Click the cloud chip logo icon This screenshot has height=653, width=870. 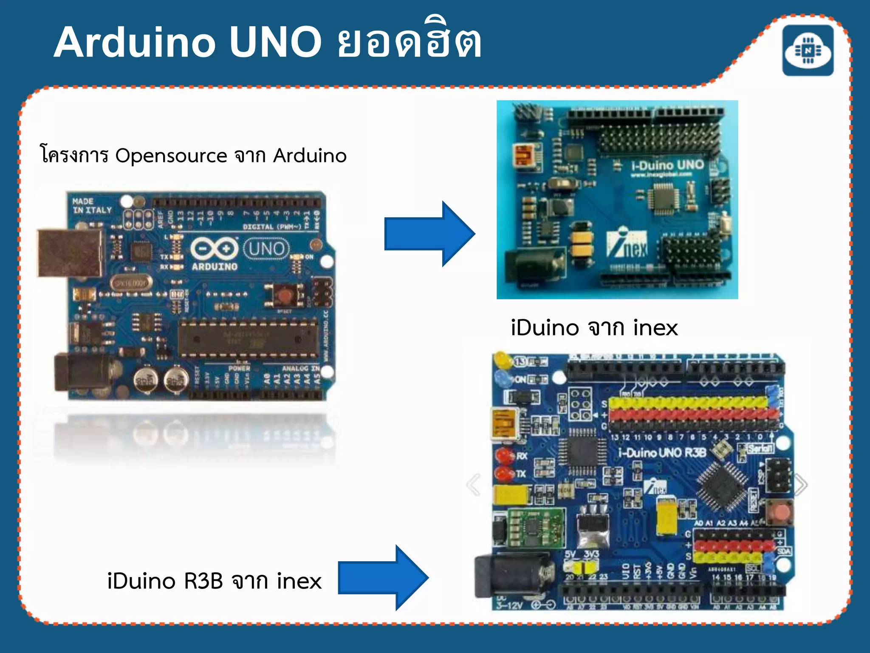point(808,51)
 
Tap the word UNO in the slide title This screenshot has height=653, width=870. point(276,43)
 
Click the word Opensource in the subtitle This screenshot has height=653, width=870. point(171,156)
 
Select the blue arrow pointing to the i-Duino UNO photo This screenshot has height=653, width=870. point(429,234)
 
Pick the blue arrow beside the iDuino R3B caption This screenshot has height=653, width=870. point(383,577)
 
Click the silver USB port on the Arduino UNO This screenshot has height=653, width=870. point(70,253)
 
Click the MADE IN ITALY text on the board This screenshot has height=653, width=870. point(92,206)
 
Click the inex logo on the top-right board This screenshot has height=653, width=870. point(627,245)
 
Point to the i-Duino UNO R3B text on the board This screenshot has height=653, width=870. point(662,452)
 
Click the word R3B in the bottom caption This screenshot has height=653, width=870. point(203,581)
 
